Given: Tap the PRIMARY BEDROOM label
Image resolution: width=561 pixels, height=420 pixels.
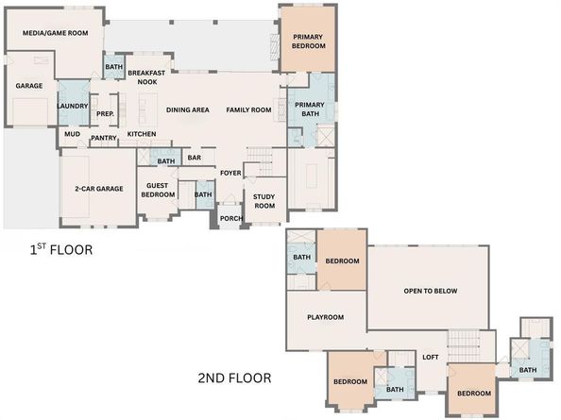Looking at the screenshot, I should [x=308, y=41].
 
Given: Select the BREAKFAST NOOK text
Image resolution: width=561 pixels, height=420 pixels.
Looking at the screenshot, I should [x=148, y=77].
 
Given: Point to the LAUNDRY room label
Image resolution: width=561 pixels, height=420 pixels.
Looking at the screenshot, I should [x=73, y=106].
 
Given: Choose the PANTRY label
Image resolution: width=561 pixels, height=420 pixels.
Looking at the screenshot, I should [x=103, y=139].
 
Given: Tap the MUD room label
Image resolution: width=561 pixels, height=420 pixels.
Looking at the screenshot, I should [x=72, y=134].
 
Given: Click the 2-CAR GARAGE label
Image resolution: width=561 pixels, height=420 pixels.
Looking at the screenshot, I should [x=99, y=189].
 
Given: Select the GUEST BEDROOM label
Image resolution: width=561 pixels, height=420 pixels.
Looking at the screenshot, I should [x=158, y=190].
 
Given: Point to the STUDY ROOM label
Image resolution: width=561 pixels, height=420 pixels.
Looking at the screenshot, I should [x=263, y=200].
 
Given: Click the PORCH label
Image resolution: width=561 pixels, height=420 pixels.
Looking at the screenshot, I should [x=230, y=219].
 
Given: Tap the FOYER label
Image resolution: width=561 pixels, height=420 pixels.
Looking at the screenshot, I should [x=230, y=173].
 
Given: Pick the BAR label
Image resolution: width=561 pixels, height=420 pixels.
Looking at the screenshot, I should [x=195, y=158].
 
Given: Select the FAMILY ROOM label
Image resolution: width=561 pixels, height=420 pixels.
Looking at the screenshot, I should [x=248, y=110].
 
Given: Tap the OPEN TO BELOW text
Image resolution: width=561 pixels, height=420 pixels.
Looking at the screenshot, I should [x=430, y=291].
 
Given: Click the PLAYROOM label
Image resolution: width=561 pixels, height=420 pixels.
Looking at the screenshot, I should [x=325, y=317].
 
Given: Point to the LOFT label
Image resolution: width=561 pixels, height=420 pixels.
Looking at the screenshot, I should [x=431, y=357].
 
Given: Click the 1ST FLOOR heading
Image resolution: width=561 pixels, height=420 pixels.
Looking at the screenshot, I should [x=59, y=251].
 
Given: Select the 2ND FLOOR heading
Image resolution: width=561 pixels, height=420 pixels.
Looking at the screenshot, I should [x=234, y=378].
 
